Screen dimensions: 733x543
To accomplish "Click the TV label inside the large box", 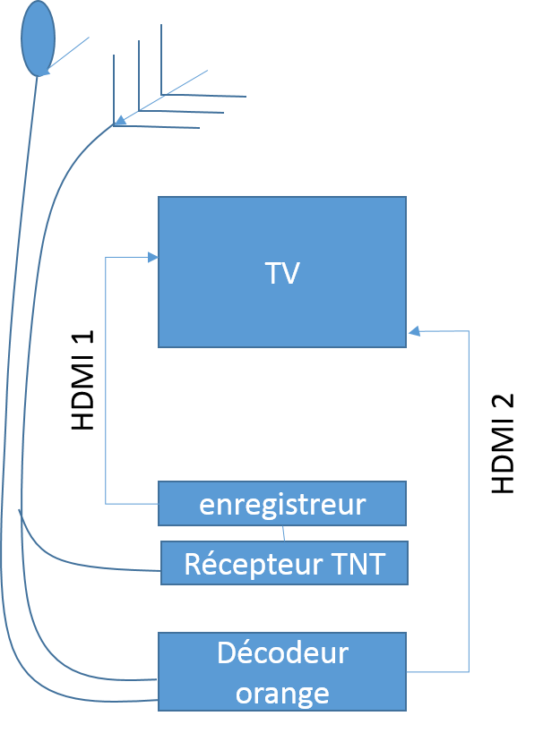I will pos(281,273).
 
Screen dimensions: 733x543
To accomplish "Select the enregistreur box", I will pos(282,503).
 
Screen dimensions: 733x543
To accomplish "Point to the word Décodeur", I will pos(282,653).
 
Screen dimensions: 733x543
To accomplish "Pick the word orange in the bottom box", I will pos(282,693).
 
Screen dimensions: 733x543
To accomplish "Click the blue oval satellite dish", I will pos(39,38).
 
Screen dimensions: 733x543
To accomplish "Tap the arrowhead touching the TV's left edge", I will pos(153,258).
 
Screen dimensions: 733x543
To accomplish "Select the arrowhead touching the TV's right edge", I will pos(413,332).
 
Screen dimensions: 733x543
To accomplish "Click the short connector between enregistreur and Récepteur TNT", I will pos(284,533).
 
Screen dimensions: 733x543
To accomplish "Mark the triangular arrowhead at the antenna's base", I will pos(120,120).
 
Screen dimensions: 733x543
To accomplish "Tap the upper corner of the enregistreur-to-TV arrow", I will pos(106,258).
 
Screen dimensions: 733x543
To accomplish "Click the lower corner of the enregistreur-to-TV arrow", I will pos(106,504).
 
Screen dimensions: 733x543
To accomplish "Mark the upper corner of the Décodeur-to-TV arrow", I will pos(469,332).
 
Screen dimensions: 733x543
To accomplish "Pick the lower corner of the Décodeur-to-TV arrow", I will pos(469,671).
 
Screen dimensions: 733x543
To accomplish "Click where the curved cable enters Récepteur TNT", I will pos(159,569).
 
